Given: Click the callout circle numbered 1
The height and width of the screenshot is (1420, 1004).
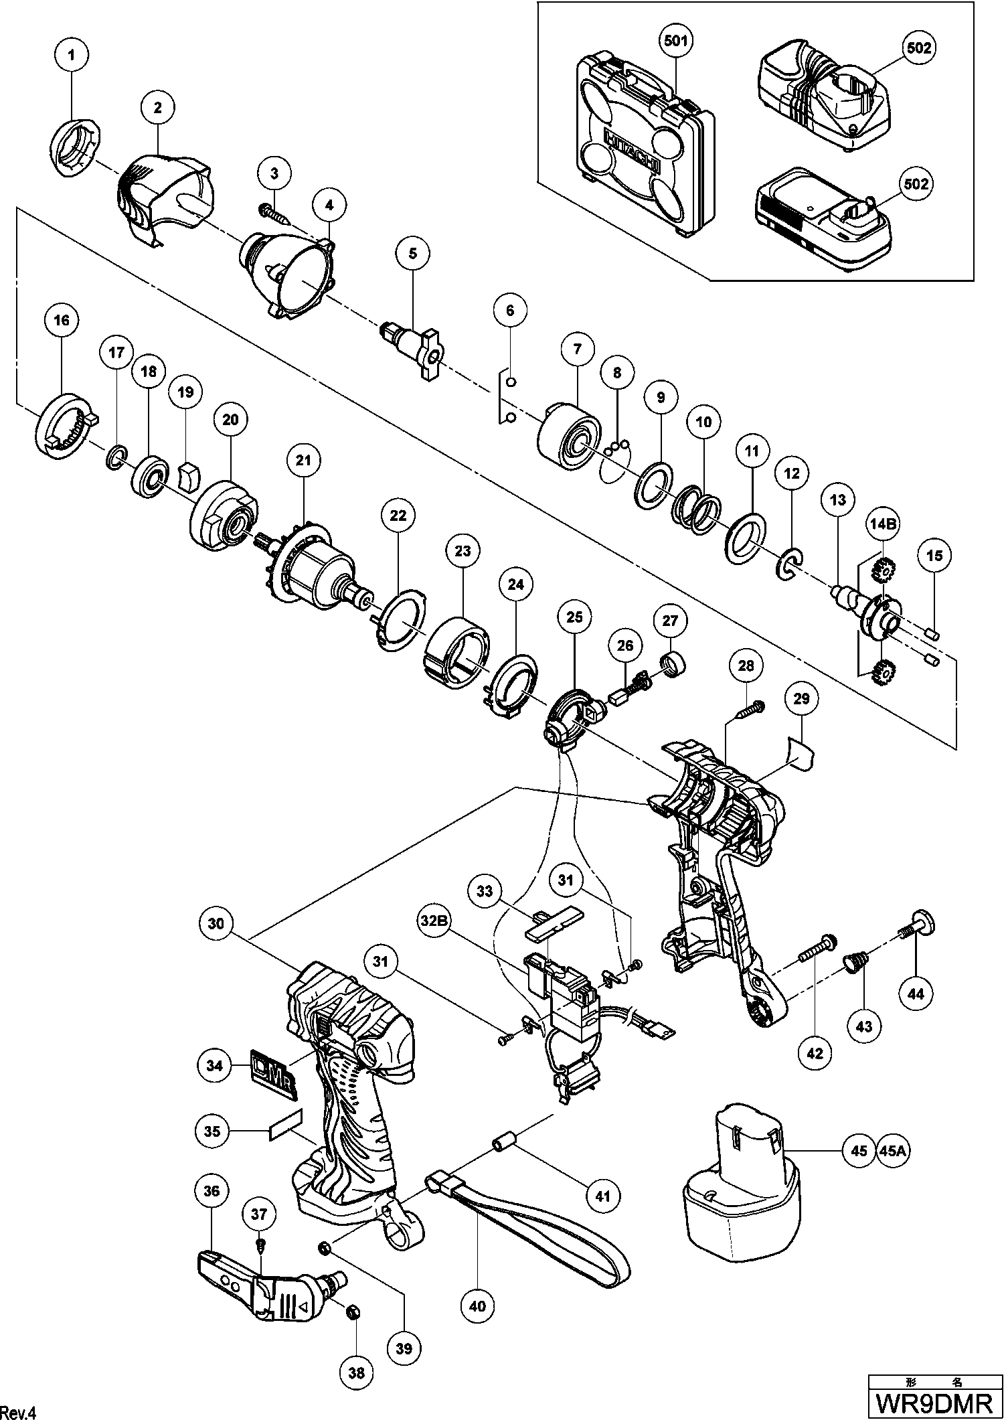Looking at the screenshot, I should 72,56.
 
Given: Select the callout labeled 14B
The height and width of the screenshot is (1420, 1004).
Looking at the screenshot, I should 883,524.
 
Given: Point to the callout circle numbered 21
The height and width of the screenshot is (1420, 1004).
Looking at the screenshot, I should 303,461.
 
